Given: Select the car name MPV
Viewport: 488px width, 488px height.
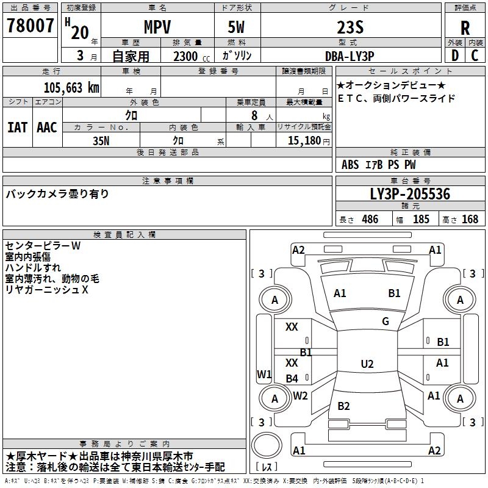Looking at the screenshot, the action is click(157, 27).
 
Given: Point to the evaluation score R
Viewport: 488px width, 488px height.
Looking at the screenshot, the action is click(465, 27).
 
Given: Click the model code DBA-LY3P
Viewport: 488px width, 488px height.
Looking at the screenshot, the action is click(349, 56).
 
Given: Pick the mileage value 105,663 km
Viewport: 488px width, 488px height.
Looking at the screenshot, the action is click(72, 87).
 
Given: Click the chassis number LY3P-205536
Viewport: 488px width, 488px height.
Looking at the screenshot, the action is click(410, 195).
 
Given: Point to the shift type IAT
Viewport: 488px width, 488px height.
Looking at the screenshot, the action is click(17, 127).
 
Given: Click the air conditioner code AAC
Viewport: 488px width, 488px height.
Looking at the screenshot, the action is click(47, 127).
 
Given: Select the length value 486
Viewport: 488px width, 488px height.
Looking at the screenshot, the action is click(370, 220).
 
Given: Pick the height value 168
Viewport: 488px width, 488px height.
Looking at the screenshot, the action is click(470, 220).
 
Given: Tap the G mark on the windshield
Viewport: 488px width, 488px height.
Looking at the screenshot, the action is click(386, 321).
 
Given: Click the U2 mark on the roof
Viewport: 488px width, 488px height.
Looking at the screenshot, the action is click(367, 364).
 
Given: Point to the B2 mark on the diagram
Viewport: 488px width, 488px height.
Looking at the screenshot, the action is click(343, 406).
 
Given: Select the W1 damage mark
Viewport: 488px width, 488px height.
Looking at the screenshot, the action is click(264, 374).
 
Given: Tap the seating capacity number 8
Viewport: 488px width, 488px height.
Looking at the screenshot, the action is click(253, 115).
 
